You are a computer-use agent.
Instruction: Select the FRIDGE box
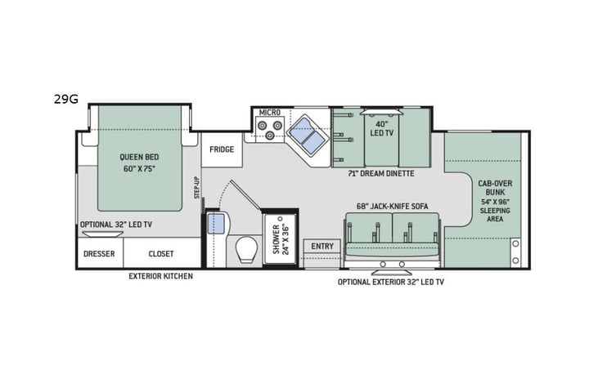[x=221, y=149]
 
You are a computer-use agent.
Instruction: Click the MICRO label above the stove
[x=269, y=112]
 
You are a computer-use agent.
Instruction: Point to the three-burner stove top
[x=271, y=129]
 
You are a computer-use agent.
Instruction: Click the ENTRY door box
[x=321, y=247]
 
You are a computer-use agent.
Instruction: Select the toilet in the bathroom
[x=245, y=249]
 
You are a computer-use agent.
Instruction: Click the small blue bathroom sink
[x=216, y=224]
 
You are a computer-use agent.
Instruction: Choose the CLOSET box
[x=161, y=253]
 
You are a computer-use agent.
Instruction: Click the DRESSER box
[x=99, y=253]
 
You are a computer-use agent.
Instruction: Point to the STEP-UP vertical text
[x=196, y=187]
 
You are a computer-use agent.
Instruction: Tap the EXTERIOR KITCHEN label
[x=160, y=276]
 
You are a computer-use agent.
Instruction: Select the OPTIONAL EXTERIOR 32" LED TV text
[x=391, y=281]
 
